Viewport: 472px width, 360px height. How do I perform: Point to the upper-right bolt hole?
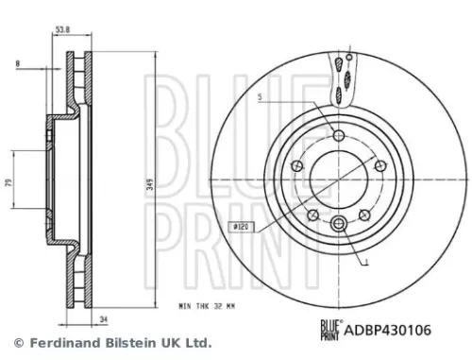click(379, 166)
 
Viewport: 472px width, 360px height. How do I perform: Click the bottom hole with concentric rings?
click(339, 224)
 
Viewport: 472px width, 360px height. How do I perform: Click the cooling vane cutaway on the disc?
click(342, 77)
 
